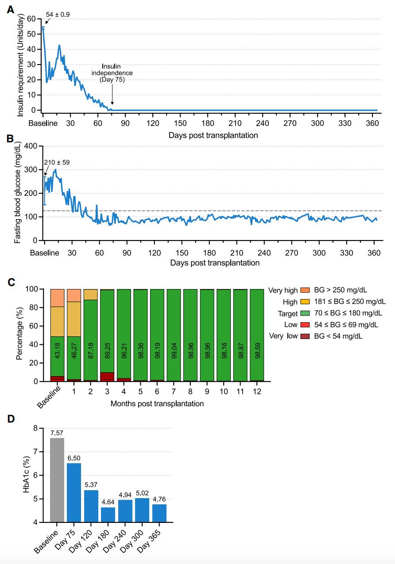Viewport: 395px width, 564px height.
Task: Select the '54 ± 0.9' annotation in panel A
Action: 58,15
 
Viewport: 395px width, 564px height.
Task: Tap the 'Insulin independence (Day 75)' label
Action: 112,73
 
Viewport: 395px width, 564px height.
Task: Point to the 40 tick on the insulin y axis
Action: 31,49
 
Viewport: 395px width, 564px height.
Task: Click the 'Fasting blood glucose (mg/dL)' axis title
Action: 18,193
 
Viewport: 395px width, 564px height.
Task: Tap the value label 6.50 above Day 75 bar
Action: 74,458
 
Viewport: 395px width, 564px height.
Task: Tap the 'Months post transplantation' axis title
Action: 157,404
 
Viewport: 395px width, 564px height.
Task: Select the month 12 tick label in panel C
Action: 257,391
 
